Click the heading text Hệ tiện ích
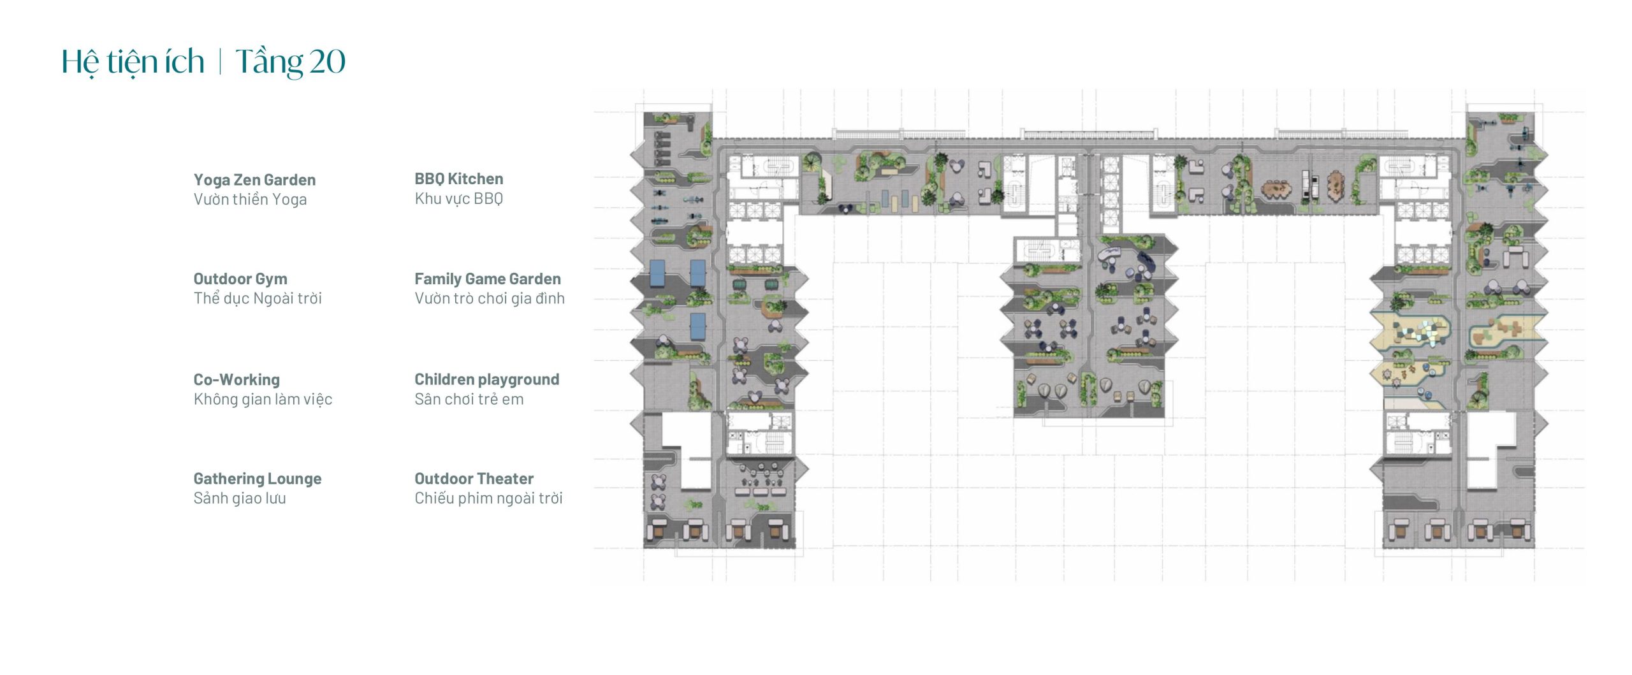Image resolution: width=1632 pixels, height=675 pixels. pos(133,62)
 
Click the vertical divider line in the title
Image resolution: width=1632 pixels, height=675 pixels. pos(220,62)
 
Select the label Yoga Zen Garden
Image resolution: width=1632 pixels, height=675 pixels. pos(254,180)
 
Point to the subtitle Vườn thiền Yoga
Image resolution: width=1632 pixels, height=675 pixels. pos(250,200)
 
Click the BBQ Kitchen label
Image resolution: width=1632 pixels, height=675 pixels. pos(458,178)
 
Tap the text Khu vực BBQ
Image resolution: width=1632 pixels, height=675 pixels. pos(458,198)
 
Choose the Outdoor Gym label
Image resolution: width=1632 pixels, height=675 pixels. pos(240,279)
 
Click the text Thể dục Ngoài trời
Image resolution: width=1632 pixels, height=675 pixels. pos(258,298)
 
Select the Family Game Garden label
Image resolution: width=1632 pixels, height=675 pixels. pos(488,279)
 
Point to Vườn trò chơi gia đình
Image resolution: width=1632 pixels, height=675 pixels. pos(490,298)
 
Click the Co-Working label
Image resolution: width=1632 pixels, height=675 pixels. pos(237,379)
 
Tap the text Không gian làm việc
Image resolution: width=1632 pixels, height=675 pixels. pos(263,399)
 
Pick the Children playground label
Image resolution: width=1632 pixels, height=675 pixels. pos(486,379)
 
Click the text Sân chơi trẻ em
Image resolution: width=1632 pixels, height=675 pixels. pos(469,399)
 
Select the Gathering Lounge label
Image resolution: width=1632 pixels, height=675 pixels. pos(258,479)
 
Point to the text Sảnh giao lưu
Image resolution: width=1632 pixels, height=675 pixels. pos(240,498)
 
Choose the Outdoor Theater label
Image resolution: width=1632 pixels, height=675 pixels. pos(474,479)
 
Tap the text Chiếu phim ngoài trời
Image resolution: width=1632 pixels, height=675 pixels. pos(488,498)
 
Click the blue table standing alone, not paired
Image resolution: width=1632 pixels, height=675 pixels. pos(698,326)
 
